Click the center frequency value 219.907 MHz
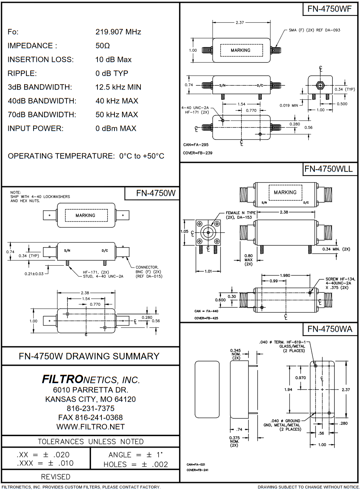(x=118, y=32)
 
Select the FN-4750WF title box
(x=329, y=9)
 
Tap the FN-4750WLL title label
(x=329, y=169)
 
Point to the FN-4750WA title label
(x=330, y=329)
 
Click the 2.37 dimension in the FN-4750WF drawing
(x=240, y=22)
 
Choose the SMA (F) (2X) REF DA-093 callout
(x=314, y=30)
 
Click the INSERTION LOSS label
(x=40, y=60)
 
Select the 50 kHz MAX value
(x=117, y=115)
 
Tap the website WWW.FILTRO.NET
(x=90, y=427)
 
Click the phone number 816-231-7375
(x=90, y=408)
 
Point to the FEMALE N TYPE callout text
(x=240, y=215)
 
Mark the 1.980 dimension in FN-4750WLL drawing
(x=285, y=275)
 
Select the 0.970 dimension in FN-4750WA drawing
(x=300, y=378)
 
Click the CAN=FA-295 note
(x=196, y=145)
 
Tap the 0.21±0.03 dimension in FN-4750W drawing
(x=34, y=274)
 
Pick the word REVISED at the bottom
(x=56, y=477)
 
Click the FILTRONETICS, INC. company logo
(x=91, y=379)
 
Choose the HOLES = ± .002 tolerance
(x=135, y=464)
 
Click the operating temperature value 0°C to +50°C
(x=142, y=156)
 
